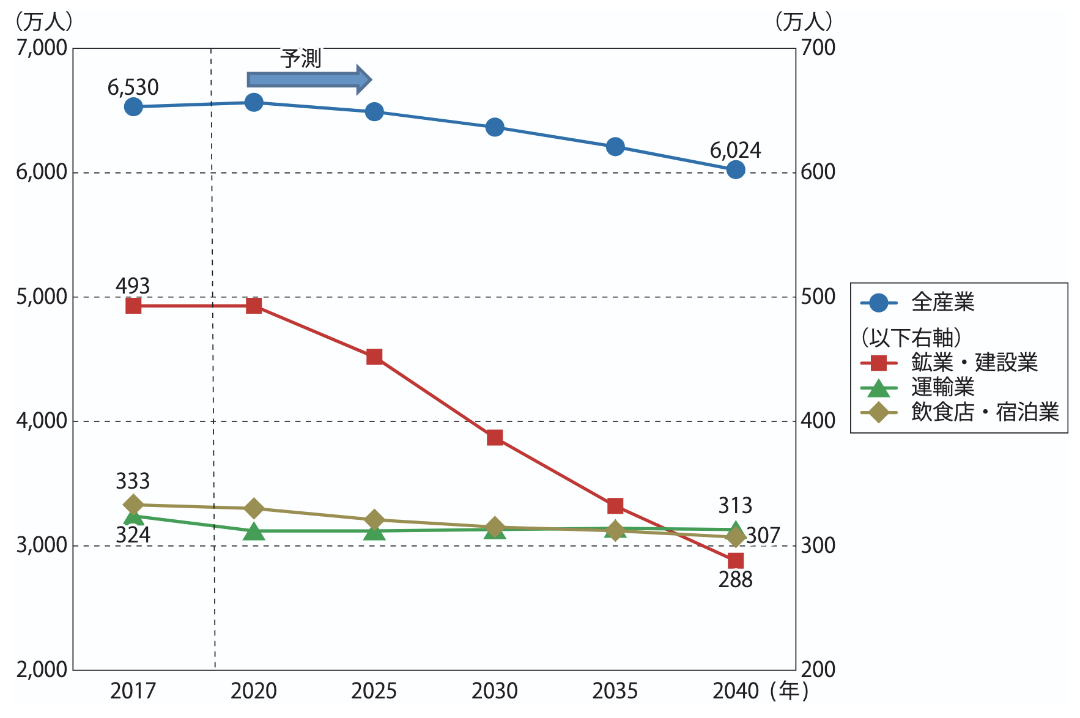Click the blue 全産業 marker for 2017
point(133,107)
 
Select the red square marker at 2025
point(374,357)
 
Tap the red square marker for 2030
point(495,438)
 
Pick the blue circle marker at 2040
point(736,169)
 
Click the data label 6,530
point(133,87)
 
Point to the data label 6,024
point(735,150)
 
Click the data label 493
point(133,286)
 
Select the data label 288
point(735,580)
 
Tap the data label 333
point(133,481)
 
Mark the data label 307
point(763,536)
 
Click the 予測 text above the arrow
point(301,59)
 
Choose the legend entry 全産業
point(942,302)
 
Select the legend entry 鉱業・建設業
point(974,363)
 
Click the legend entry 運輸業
point(942,387)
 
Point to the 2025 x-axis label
point(374,691)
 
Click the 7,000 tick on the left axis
point(42,48)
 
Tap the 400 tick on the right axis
point(818,421)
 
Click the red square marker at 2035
point(615,506)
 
